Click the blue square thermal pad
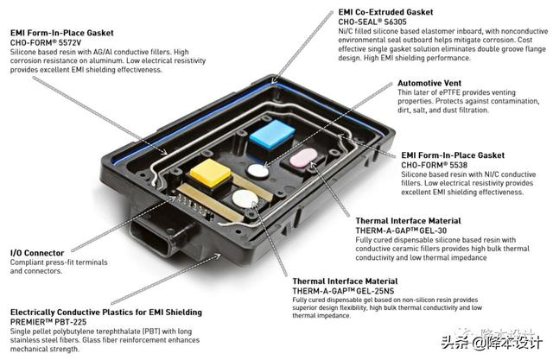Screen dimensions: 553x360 pyautogui.click(x=271, y=134)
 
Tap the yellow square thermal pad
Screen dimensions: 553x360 pyautogui.click(x=211, y=173)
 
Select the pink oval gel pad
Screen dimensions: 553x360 pyautogui.click(x=303, y=157)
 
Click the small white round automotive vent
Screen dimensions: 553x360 pyautogui.click(x=257, y=171)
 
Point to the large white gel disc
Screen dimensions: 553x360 pyautogui.click(x=245, y=199)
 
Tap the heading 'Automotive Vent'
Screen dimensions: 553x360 pyautogui.click(x=429, y=83)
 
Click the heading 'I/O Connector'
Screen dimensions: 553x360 pyautogui.click(x=37, y=253)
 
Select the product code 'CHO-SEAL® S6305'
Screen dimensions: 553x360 pyautogui.click(x=372, y=22)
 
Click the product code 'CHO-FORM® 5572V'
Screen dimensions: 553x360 pyautogui.click(x=46, y=42)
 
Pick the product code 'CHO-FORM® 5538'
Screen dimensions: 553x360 pyautogui.click(x=434, y=165)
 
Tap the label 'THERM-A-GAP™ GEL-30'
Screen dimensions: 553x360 pyautogui.click(x=401, y=231)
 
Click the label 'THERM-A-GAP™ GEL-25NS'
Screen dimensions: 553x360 pyautogui.click(x=343, y=291)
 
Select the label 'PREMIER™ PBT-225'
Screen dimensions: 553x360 pyautogui.click(x=48, y=322)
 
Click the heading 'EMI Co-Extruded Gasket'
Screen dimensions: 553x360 pyautogui.click(x=385, y=12)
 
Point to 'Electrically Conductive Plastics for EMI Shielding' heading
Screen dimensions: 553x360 pyautogui.click(x=106, y=313)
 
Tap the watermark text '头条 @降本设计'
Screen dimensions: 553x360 pyautogui.click(x=492, y=343)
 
